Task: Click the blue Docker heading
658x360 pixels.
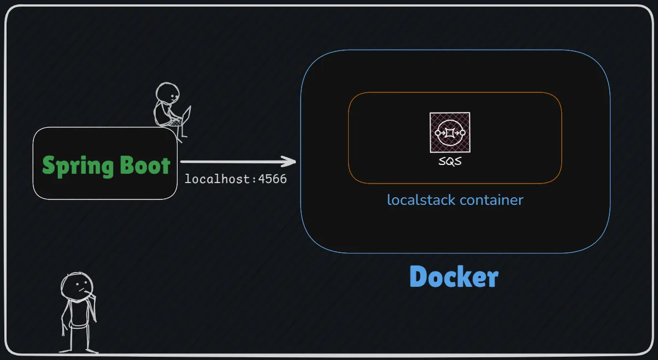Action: pyautogui.click(x=454, y=277)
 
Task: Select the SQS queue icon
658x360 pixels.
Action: pyautogui.click(x=449, y=132)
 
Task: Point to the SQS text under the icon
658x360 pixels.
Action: pyautogui.click(x=450, y=162)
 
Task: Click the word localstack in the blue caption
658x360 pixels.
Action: pyautogui.click(x=421, y=200)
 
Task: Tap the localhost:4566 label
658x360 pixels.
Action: pyautogui.click(x=236, y=179)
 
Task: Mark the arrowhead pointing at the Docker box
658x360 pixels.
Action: pyautogui.click(x=290, y=161)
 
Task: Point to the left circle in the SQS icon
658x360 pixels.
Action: pyautogui.click(x=438, y=133)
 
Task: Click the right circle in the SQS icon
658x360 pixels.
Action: pyautogui.click(x=462, y=133)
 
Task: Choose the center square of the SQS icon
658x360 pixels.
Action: pyautogui.click(x=450, y=133)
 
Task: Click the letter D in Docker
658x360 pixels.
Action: pyautogui.click(x=418, y=277)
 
